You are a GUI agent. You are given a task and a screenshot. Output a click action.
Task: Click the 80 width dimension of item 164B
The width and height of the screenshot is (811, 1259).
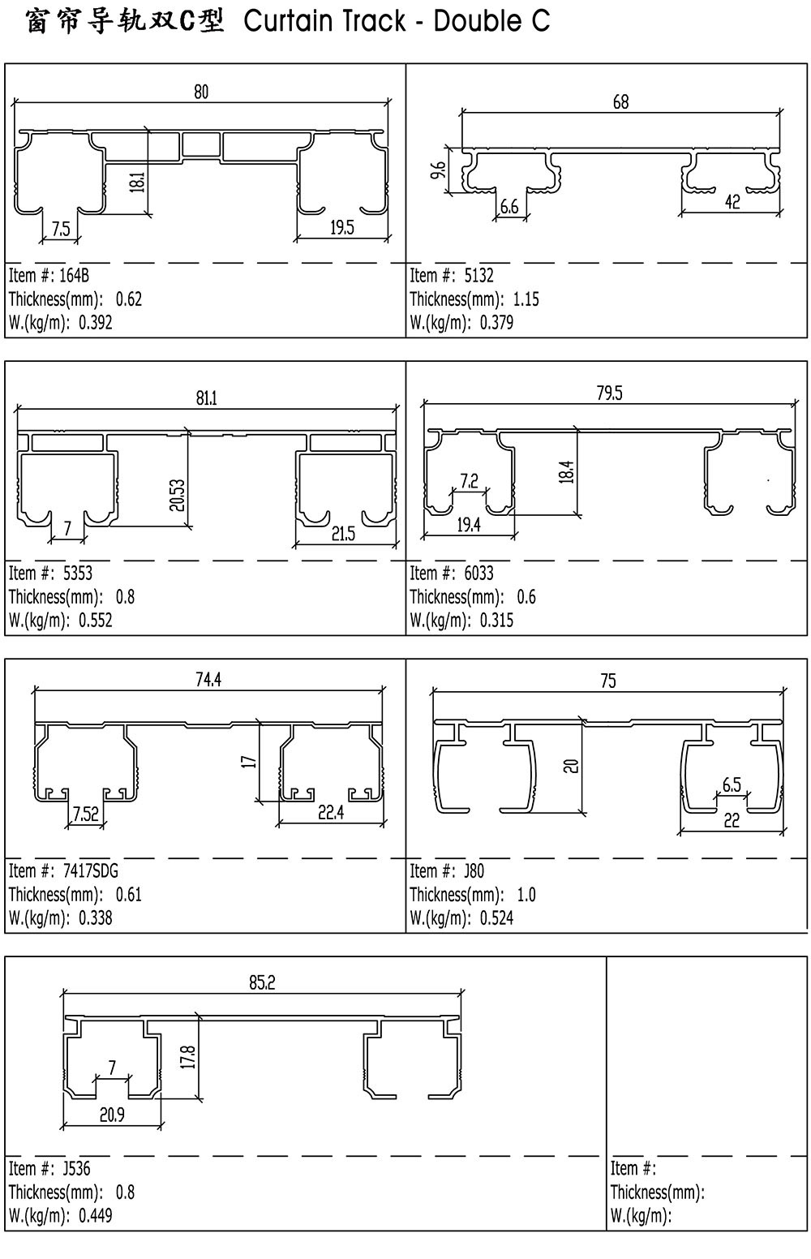[201, 92]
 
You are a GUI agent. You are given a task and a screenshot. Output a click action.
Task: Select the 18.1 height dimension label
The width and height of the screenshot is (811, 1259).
[138, 182]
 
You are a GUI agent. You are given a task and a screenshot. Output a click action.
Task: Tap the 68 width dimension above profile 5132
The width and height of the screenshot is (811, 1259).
[620, 101]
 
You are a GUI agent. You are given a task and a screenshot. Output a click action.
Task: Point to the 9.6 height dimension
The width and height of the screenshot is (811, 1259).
[439, 170]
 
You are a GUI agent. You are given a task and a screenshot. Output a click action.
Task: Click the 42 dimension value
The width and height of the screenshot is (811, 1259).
[732, 202]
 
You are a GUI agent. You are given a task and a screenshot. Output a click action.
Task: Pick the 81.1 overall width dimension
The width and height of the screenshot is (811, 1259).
[206, 398]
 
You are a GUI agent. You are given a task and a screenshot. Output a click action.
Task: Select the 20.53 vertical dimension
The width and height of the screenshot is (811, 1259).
[177, 495]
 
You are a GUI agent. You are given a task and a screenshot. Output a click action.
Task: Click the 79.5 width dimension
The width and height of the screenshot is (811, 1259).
[610, 393]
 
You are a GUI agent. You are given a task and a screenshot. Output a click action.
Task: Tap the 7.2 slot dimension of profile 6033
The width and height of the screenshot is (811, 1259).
[470, 481]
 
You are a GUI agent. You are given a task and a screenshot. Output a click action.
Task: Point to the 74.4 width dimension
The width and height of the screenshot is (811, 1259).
[208, 680]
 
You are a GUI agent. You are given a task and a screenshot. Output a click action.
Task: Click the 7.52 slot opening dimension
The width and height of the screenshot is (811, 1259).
[85, 814]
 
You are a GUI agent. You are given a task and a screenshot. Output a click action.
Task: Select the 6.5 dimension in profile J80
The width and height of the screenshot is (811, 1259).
[732, 784]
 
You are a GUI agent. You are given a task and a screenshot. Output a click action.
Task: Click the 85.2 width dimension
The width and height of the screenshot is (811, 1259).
[263, 982]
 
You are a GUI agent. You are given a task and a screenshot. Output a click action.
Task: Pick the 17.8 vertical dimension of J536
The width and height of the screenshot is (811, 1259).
[189, 1057]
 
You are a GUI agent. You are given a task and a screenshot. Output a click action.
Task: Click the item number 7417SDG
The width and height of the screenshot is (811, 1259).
[91, 871]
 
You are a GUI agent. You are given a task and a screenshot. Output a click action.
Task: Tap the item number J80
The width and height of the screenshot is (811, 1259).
[474, 871]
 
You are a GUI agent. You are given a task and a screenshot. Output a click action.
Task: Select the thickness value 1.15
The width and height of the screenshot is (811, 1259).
[526, 299]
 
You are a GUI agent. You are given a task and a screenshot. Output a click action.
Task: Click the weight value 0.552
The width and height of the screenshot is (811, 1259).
[96, 620]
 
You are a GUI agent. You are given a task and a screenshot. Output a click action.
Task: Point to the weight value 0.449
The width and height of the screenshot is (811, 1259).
[96, 1216]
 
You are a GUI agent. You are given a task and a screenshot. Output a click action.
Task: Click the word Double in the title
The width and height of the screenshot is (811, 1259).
[477, 21]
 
